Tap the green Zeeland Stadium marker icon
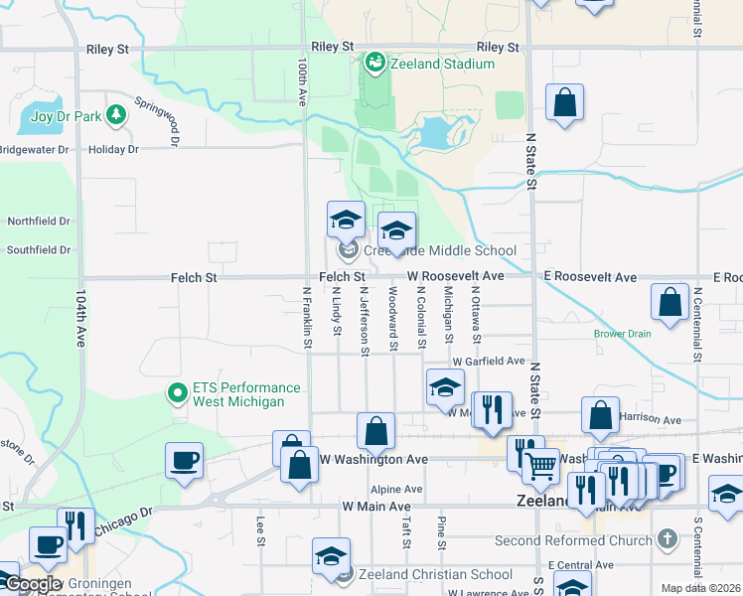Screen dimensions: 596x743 374,64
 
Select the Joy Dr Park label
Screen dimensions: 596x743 67,116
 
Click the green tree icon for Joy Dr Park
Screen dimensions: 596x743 117,116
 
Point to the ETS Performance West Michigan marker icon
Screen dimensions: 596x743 178,394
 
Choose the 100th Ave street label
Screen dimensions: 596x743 301,81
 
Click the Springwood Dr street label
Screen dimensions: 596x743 158,121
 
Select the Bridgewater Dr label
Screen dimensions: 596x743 35,150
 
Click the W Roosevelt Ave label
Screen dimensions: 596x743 455,276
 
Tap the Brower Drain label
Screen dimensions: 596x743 623,334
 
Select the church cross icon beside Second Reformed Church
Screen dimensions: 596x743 668,540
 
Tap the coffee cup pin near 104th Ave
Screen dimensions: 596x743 184,461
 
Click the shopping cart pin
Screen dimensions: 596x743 539,464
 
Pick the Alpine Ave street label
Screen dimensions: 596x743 396,490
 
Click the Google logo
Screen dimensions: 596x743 32,583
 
